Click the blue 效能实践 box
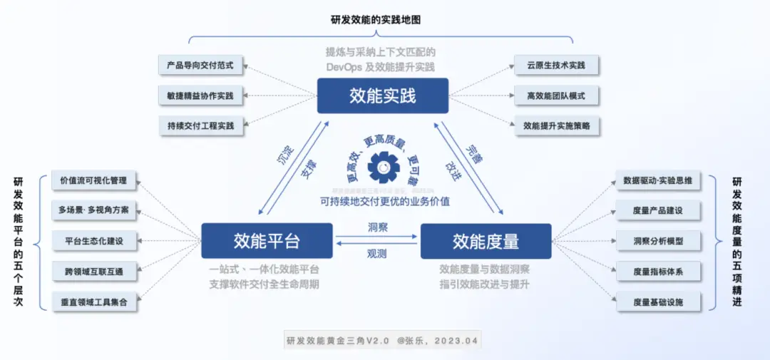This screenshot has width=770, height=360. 382,96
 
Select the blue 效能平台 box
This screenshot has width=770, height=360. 267,241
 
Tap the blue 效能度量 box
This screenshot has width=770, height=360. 486,241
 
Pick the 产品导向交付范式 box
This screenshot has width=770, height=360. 200,65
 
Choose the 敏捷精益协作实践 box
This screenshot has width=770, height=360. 200,95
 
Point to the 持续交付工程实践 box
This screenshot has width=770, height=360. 200,125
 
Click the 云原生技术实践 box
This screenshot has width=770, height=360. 556,65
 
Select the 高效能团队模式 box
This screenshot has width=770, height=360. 556,95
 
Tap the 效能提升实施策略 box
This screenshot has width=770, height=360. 556,125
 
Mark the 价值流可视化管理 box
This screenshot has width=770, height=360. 94,180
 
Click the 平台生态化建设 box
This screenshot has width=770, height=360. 94,241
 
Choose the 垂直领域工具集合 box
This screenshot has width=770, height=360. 94,302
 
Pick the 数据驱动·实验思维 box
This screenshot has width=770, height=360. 657,180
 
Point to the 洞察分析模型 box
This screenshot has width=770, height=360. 657,241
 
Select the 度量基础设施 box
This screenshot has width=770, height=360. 657,302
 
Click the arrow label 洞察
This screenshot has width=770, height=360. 377,227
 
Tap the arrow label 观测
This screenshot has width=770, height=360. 377,253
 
